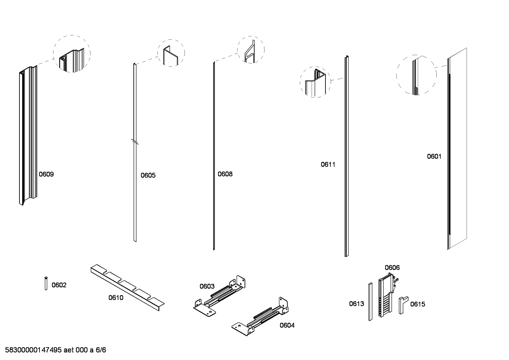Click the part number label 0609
pos(46,174)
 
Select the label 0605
pos(148,175)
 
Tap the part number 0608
pos(225,174)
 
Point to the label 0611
pos(328,164)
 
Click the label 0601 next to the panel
pos(434,156)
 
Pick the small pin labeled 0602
pos(46,283)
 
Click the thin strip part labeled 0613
pos(370,302)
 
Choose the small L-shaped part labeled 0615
pos(402,305)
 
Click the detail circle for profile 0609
pos(72,54)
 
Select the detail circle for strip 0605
pos(171,53)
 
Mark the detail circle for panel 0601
pos(416,75)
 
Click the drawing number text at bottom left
pos(55,350)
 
